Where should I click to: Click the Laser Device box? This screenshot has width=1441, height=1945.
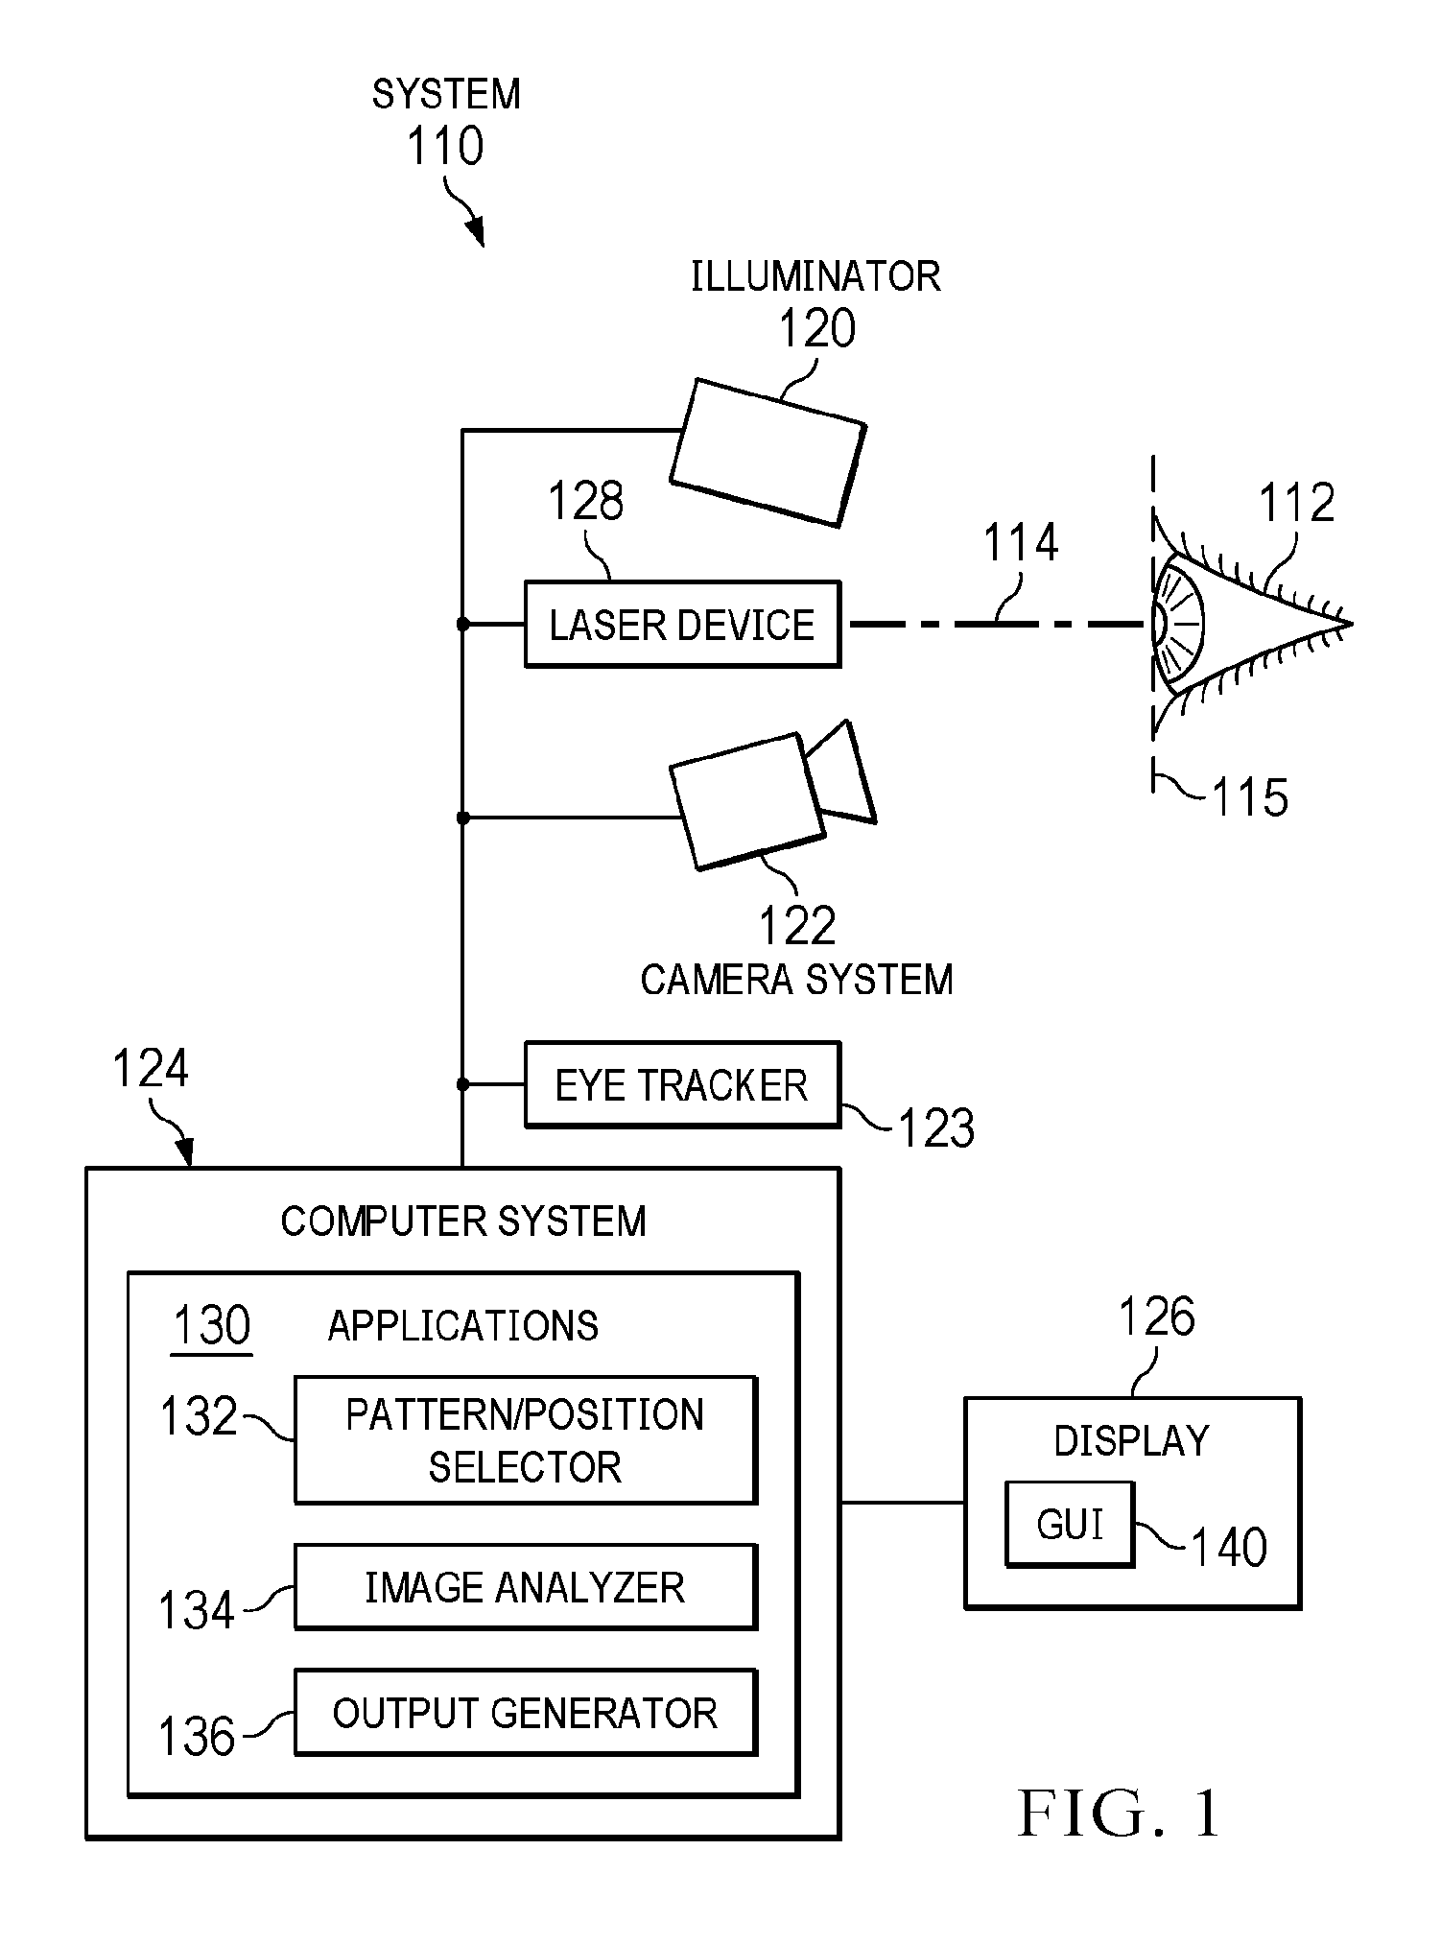[682, 624]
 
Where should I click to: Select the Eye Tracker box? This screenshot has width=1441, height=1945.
[682, 1084]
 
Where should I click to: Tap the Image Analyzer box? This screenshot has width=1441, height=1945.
[526, 1587]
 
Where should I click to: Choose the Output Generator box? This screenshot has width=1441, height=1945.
[526, 1713]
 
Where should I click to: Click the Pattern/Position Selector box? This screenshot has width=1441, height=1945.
[526, 1440]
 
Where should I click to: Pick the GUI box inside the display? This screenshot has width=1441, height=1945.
[1070, 1525]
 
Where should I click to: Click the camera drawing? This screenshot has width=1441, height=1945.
[772, 796]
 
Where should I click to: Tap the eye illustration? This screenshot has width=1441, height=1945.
[1247, 624]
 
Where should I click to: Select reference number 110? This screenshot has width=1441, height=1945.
[445, 147]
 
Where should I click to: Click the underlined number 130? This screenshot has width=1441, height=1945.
[211, 1326]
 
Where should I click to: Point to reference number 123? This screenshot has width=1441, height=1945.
[936, 1127]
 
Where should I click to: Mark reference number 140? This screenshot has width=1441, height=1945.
[1229, 1547]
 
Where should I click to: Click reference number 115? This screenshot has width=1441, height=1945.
[1250, 797]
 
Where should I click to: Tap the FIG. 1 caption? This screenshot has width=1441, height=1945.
[1120, 1815]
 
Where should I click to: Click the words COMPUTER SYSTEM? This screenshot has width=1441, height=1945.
[463, 1222]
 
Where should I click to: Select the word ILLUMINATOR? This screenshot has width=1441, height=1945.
[815, 277]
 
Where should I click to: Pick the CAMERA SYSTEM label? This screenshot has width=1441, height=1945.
[796, 980]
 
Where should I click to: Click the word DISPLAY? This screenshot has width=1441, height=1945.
[1132, 1441]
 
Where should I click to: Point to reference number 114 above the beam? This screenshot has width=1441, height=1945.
[1021, 543]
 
